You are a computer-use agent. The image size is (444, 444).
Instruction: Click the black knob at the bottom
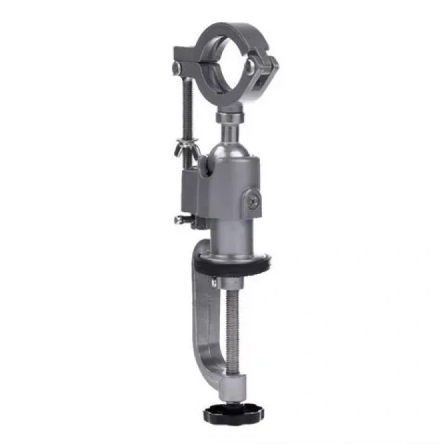224,414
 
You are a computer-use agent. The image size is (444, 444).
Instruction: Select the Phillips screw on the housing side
253,201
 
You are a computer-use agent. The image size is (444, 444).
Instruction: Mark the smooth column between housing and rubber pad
233,235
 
